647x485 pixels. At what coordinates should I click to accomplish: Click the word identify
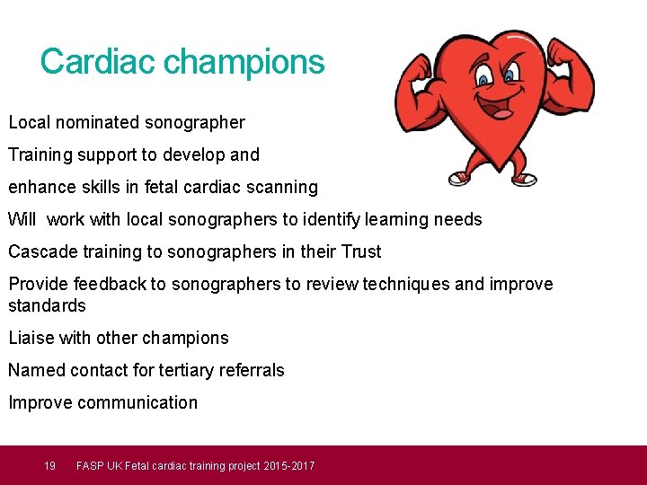pyautogui.click(x=339, y=219)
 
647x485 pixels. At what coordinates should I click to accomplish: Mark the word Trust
pyautogui.click(x=360, y=251)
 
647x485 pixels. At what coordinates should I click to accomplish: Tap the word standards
pyautogui.click(x=47, y=305)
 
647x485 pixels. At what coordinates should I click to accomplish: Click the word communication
pyautogui.click(x=137, y=402)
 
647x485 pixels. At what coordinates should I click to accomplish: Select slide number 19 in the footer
pyautogui.click(x=50, y=465)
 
